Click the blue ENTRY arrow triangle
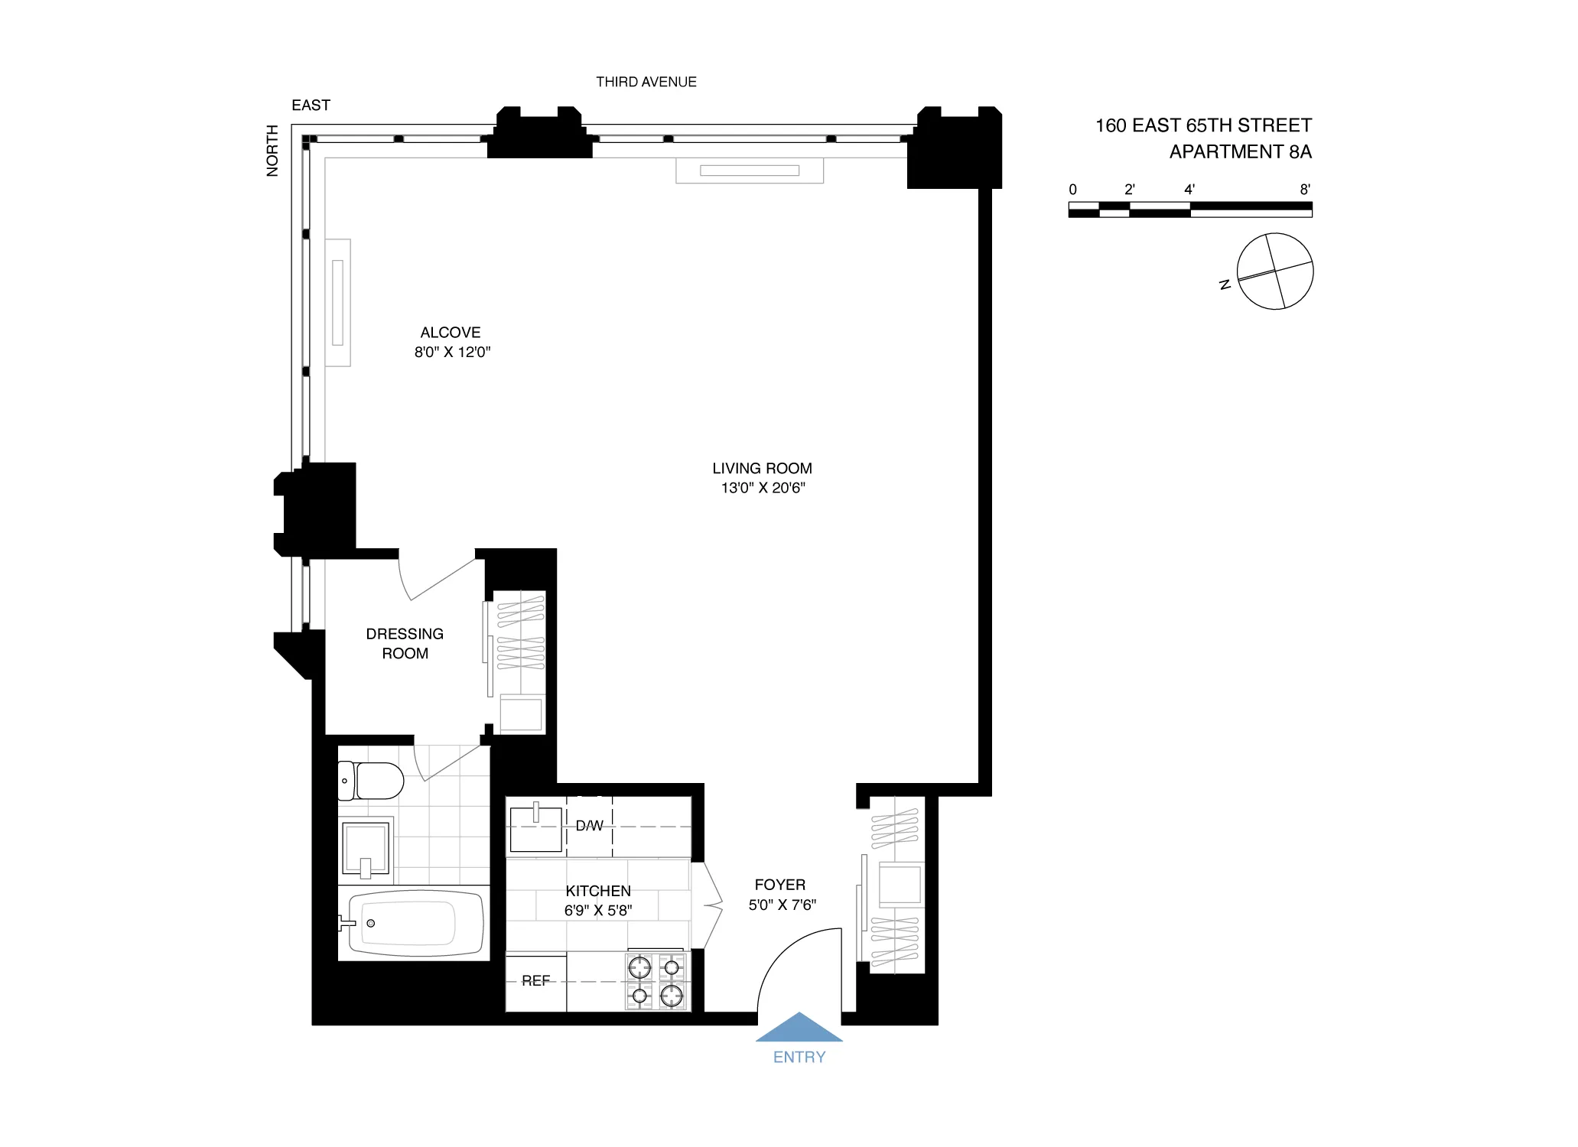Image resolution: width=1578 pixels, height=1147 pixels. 799,1028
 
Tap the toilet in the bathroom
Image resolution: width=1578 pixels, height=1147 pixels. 373,781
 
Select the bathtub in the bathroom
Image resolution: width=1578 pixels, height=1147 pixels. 414,923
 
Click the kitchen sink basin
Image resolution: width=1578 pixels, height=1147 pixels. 535,829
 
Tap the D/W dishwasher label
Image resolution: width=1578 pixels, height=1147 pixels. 589,826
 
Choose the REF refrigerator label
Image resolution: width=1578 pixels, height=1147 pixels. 535,981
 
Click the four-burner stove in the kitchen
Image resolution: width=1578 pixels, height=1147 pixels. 656,982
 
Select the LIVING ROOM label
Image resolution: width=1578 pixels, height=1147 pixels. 762,469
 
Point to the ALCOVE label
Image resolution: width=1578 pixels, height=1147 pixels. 451,333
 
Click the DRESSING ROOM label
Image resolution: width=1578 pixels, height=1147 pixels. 405,644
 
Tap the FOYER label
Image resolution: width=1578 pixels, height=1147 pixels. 779,885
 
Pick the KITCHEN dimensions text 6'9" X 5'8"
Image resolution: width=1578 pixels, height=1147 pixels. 598,911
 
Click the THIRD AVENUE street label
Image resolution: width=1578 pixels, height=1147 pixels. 646,82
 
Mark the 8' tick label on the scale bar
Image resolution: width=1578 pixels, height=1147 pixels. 1305,189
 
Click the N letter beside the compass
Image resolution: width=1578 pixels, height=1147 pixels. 1225,284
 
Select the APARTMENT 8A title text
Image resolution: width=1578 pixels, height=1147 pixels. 1240,152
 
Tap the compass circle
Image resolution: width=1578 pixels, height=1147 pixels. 1275,271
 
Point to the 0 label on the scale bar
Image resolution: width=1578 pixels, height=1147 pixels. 1072,190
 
